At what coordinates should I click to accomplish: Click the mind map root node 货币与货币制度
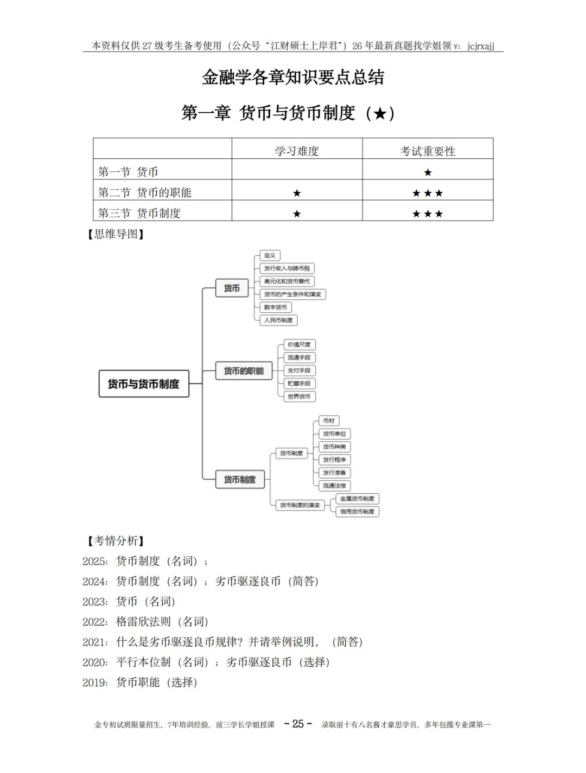(144, 384)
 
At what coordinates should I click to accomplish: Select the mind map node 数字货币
(276, 307)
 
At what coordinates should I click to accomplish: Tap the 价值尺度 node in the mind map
(299, 345)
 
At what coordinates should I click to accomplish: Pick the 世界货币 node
(299, 396)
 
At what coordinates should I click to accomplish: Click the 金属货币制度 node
(357, 499)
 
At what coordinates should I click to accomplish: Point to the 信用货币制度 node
(357, 512)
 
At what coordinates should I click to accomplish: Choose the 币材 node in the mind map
(329, 421)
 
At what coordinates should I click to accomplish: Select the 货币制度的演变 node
(300, 505)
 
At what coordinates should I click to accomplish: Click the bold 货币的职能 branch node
(244, 371)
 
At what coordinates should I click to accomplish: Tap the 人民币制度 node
(278, 320)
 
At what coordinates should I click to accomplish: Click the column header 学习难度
(297, 151)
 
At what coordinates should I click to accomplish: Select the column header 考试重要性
(428, 151)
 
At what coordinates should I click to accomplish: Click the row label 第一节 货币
(128, 172)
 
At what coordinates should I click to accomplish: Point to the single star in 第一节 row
(428, 172)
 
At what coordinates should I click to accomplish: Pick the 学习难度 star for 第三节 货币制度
(297, 214)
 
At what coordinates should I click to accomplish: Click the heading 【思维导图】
(116, 234)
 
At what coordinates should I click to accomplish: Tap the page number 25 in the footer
(298, 724)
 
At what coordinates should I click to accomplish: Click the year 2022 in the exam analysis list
(94, 622)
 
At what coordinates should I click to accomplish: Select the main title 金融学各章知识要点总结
(293, 77)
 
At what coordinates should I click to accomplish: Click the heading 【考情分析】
(116, 540)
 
